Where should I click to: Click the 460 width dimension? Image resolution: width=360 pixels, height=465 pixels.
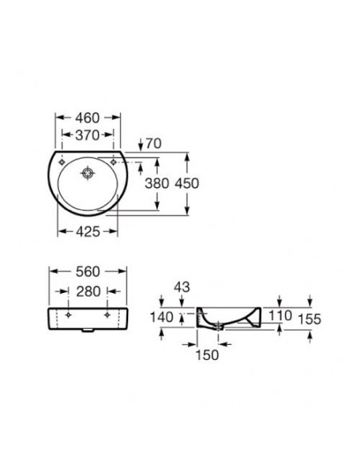coord(88,118)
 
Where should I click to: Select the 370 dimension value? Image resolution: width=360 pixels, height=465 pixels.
coord(88,135)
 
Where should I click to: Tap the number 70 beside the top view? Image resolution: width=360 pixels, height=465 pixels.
coord(154,143)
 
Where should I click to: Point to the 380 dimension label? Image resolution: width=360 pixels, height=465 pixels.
coord(157,184)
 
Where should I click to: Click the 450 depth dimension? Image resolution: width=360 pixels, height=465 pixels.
coord(187,184)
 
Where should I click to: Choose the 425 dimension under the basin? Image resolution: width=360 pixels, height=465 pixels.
coord(88,232)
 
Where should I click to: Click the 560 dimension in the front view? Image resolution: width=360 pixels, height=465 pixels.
coord(88,272)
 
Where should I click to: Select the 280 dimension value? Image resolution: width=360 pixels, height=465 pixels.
coord(88,291)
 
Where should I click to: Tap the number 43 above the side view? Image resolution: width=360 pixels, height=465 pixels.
coord(182,287)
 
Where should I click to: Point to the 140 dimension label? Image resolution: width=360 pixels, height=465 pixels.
coord(162,318)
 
